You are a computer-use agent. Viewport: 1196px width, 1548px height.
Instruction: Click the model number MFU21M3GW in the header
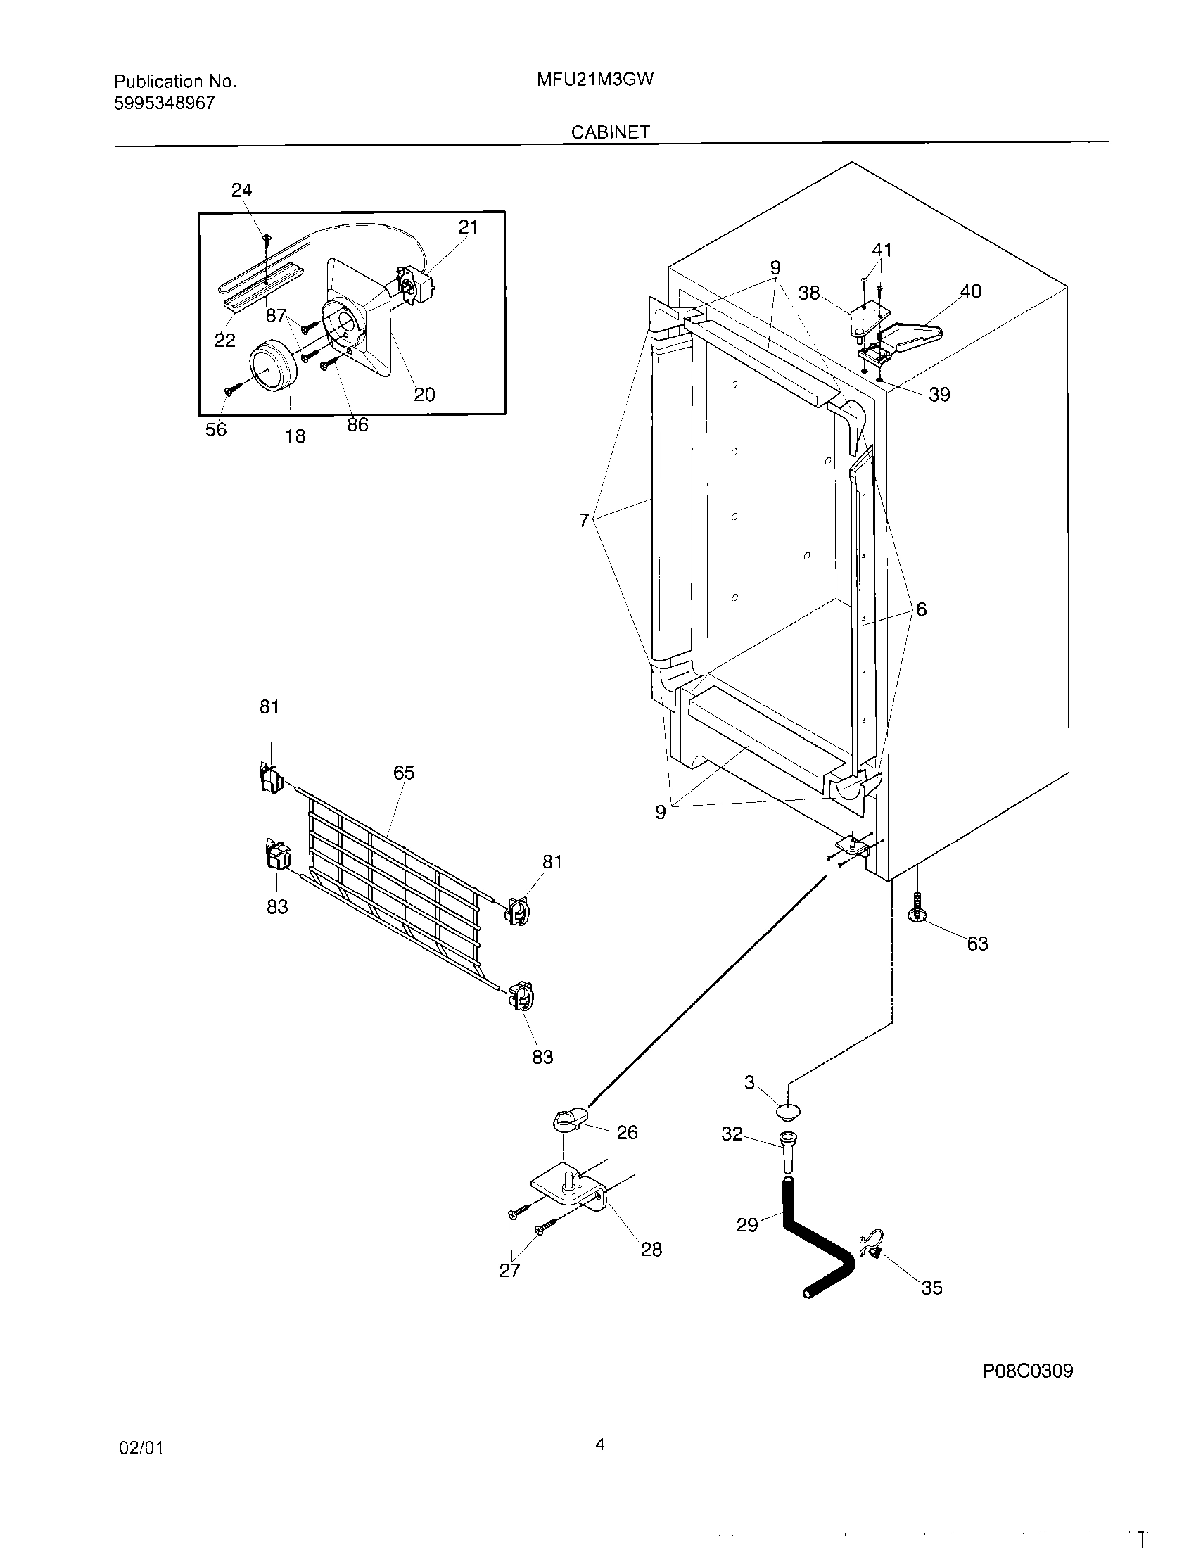pos(594,80)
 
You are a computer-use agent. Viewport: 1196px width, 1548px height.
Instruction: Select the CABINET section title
pos(610,132)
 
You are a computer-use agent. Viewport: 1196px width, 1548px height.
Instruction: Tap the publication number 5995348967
pos(165,103)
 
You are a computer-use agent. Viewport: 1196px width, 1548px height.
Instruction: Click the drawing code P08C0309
pos(1027,1390)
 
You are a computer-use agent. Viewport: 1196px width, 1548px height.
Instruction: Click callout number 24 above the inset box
pos(241,190)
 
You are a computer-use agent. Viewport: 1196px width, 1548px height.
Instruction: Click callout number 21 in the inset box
pos(468,227)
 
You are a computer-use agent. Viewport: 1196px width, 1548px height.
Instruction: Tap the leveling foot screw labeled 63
pos(918,909)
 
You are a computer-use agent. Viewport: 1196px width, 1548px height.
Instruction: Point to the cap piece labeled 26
pos(566,1120)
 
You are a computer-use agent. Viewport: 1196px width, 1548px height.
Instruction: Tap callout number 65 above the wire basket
pos(404,773)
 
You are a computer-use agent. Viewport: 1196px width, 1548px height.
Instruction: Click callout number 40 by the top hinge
pos(970,291)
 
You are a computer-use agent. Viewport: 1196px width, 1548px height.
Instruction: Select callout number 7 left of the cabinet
pos(583,521)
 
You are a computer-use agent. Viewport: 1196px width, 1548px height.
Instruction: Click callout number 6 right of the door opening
pos(921,609)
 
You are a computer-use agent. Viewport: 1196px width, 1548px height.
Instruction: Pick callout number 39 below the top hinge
pos(939,395)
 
